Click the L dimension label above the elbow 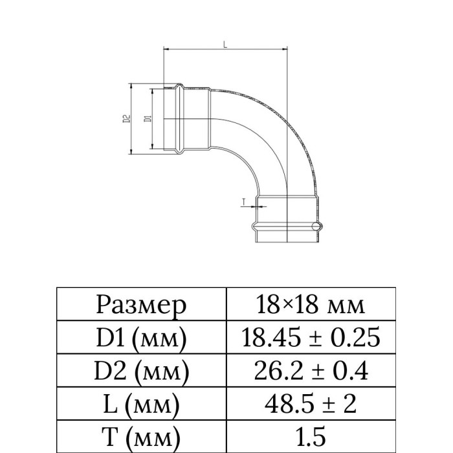(x=225, y=44)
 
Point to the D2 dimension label (x=127, y=118)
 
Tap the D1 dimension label (x=148, y=118)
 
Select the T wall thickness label (x=243, y=202)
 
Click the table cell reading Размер (x=141, y=305)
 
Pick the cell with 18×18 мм (x=311, y=305)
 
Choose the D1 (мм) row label (x=141, y=338)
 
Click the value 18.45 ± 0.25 (x=311, y=337)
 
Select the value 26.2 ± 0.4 (x=311, y=371)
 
